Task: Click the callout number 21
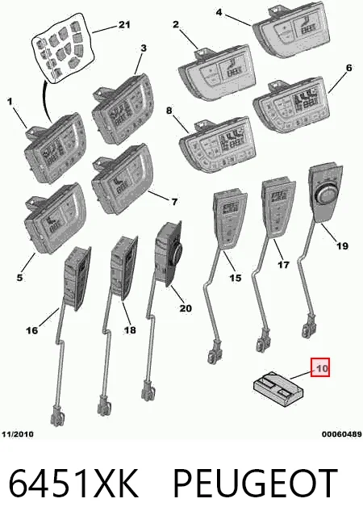point(123,24)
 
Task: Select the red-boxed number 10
point(320,367)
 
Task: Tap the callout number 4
point(219,12)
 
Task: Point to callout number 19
point(342,245)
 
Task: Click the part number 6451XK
point(73,484)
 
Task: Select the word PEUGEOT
point(256,484)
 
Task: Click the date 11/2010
point(18,434)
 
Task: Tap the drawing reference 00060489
point(342,434)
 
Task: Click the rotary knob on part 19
point(324,195)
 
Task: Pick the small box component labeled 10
point(278,389)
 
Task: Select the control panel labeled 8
point(217,144)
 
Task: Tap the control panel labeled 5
point(55,218)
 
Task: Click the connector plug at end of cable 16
point(56,415)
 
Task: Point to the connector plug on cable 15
point(214,354)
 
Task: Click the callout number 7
point(174,202)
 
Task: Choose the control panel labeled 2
point(215,72)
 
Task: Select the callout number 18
point(130,330)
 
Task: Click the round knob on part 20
point(176,252)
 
